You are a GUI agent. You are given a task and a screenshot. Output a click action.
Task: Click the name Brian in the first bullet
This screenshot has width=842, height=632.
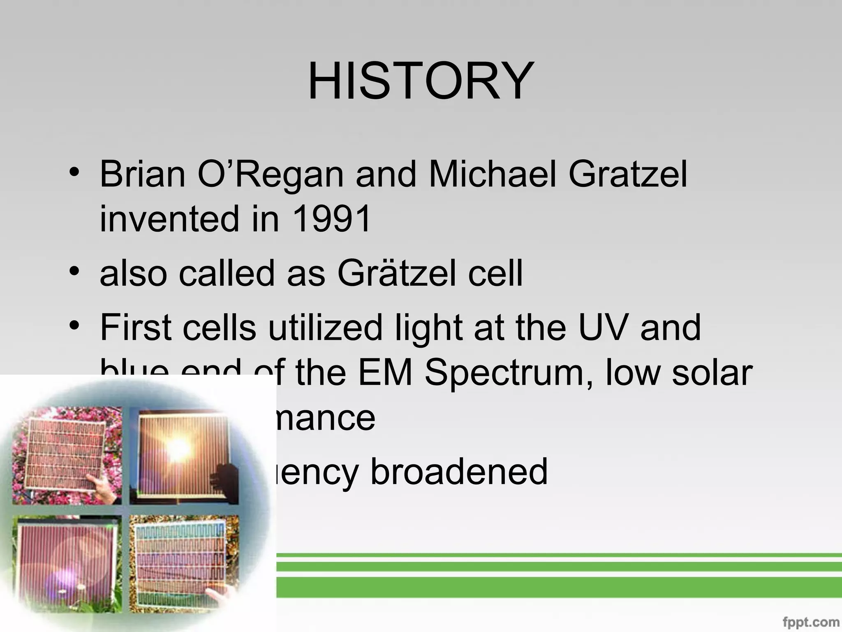click(142, 174)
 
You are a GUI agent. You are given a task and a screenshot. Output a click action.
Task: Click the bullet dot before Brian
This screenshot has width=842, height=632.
click(74, 172)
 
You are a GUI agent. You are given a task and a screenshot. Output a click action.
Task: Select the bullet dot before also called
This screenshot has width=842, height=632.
click(74, 272)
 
